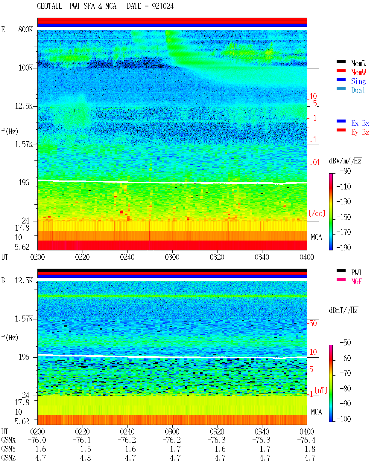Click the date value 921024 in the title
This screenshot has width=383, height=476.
[162, 6]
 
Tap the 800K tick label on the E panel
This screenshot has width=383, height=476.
[25, 29]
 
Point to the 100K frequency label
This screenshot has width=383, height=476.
[25, 68]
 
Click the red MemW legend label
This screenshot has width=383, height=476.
[358, 72]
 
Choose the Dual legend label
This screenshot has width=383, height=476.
[358, 90]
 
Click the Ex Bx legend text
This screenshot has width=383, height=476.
[360, 123]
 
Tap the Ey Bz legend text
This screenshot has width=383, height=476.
[360, 132]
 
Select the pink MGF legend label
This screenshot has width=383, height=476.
[357, 281]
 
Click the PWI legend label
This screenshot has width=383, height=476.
[356, 273]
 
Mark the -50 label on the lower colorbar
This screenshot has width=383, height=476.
[345, 343]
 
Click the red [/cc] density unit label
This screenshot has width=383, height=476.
[317, 213]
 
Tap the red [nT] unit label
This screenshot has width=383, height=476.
[321, 390]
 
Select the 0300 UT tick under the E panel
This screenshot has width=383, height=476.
[172, 257]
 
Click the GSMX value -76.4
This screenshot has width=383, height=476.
[306, 440]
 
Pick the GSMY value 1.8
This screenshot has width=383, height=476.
[310, 449]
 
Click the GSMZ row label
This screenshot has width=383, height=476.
[8, 458]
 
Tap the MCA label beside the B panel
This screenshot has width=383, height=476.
[316, 412]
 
